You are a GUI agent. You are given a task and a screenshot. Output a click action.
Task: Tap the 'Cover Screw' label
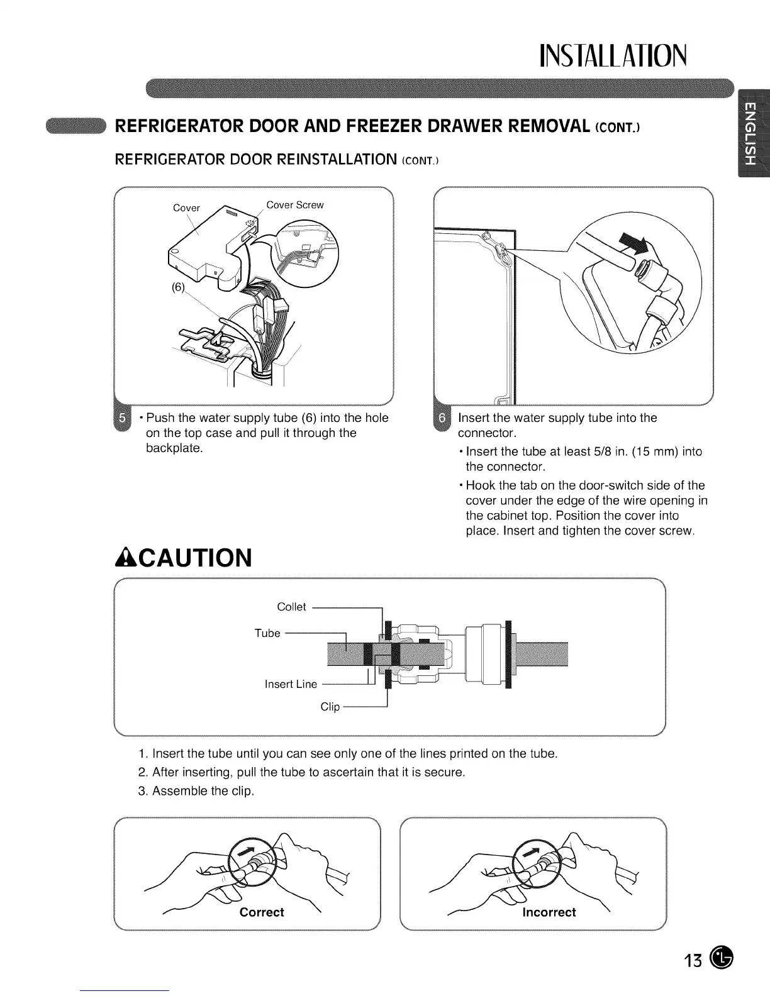[x=295, y=205]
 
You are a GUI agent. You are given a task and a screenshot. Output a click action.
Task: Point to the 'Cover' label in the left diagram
[x=186, y=208]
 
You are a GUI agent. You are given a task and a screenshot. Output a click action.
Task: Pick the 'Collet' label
[x=291, y=607]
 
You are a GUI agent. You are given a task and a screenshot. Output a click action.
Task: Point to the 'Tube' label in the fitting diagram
[x=267, y=633]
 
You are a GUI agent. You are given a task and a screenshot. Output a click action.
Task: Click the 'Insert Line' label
[x=291, y=684]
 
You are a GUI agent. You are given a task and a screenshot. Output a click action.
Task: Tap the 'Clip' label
[x=330, y=707]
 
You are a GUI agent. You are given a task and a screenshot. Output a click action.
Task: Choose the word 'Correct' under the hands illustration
[x=262, y=912]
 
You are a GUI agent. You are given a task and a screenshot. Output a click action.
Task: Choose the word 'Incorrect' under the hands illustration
[x=549, y=912]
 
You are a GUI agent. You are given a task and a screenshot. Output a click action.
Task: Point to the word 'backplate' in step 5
[x=173, y=448]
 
